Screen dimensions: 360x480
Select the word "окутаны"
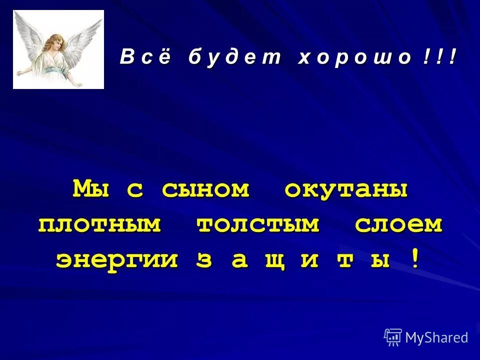(x=346, y=189)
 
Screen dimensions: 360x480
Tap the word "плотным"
(x=100, y=224)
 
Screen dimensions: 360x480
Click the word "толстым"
(x=258, y=224)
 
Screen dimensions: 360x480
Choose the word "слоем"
(x=399, y=224)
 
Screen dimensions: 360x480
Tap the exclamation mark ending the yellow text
(x=414, y=259)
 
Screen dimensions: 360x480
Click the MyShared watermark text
(x=436, y=338)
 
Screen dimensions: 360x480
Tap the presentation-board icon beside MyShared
(x=393, y=337)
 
